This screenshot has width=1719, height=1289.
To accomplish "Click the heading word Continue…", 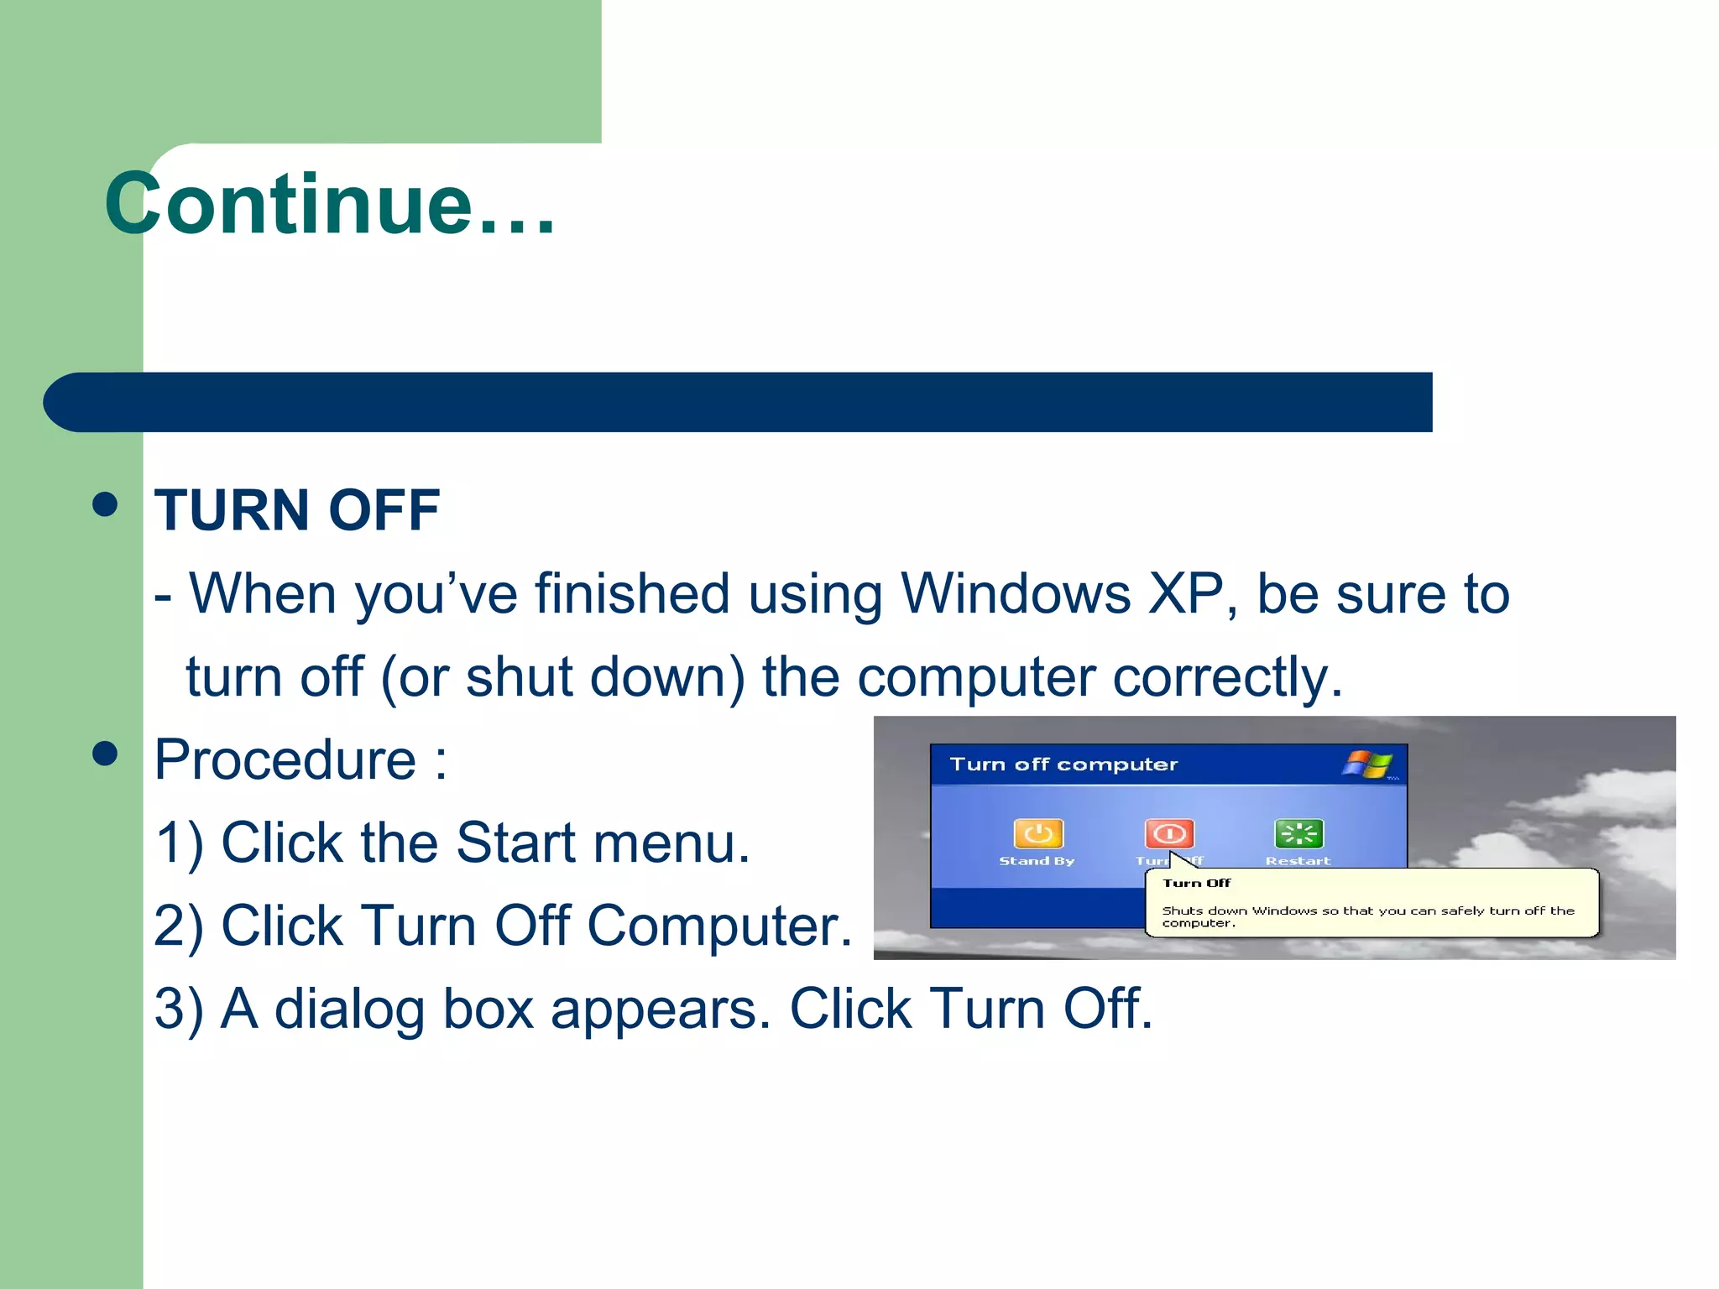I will coord(329,204).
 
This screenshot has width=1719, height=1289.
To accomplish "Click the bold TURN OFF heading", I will coord(297,510).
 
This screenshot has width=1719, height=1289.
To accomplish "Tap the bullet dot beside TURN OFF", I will coord(105,505).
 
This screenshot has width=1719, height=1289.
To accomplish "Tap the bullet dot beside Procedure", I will coord(105,753).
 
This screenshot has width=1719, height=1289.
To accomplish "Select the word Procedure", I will coord(285,760).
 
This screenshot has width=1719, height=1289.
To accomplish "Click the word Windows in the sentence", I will coord(1016,594).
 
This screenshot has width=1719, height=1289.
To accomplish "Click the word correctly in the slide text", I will coord(1226,677).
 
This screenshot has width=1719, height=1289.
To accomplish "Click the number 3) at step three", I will coord(179,1009).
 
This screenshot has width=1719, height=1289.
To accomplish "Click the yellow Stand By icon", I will coord(1038,833).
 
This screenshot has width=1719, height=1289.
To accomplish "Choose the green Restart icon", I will coord(1298,833).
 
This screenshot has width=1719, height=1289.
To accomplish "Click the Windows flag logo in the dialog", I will coord(1368,765).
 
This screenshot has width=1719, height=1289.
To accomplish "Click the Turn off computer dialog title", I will coord(1063,765).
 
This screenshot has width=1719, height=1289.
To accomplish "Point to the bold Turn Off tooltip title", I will coord(1196,883).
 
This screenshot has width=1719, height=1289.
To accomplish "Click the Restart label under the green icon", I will coord(1298,861).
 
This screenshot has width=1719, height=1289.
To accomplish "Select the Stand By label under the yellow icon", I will coord(1037,861).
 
